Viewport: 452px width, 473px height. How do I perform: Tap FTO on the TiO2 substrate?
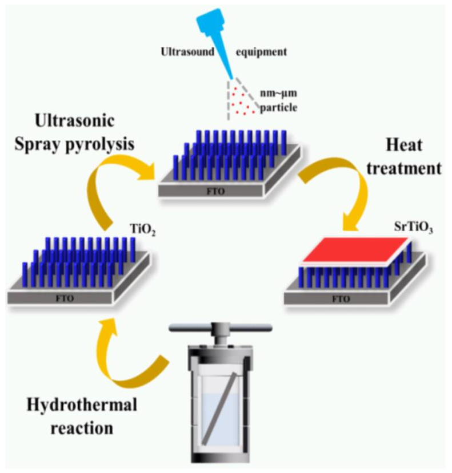pyautogui.click(x=64, y=298)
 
